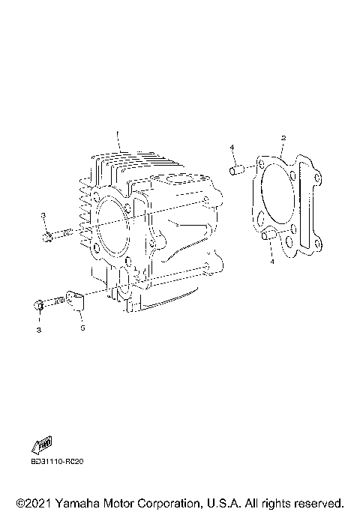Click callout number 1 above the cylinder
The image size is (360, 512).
(x=117, y=133)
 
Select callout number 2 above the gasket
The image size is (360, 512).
(x=283, y=138)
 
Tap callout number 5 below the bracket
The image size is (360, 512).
(x=82, y=328)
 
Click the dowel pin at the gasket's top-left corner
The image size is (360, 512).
(x=237, y=170)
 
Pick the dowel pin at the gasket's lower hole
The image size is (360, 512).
(x=269, y=235)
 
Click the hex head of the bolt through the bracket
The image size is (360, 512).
(x=38, y=305)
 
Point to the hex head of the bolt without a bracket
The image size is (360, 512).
(x=47, y=237)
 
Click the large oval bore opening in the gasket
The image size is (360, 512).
(x=278, y=193)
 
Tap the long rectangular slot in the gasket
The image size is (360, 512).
(x=304, y=203)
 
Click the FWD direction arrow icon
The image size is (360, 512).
(x=42, y=445)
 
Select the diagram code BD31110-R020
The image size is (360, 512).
(x=57, y=462)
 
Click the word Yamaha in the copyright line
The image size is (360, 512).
(x=78, y=503)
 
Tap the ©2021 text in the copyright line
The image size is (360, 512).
(x=34, y=503)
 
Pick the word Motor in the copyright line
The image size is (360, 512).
(x=119, y=503)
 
